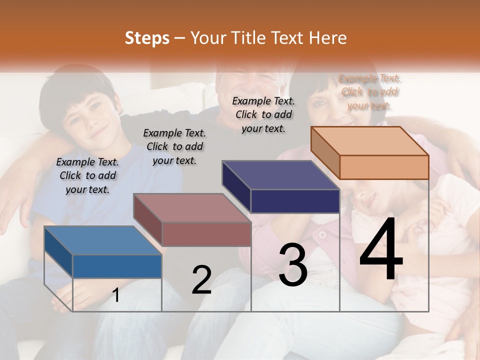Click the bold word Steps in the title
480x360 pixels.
click(147, 38)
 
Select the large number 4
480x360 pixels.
click(381, 251)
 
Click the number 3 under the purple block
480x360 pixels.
click(292, 265)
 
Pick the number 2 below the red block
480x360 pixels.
click(201, 280)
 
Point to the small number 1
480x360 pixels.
click(116, 295)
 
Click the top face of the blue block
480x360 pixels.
click(103, 240)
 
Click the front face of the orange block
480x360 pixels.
click(384, 167)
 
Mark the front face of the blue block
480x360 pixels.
click(117, 266)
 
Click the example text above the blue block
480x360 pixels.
click(87, 175)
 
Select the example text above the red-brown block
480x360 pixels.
click(174, 146)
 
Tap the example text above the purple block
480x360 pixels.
click(263, 114)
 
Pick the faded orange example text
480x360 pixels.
click(369, 92)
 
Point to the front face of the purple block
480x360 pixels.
click(295, 201)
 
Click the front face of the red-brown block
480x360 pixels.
click(206, 234)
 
